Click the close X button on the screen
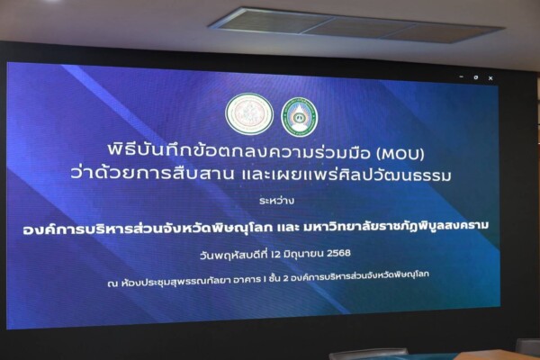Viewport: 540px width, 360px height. point(490,78)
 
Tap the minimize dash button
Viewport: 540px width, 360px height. point(462,76)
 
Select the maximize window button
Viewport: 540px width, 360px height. point(475,77)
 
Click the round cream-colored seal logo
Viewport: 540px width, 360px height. point(249,114)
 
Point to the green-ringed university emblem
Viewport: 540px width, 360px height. point(300,117)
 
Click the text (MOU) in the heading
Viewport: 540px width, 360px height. point(400,154)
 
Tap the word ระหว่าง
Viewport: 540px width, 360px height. point(276,200)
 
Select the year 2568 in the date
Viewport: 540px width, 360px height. point(338,253)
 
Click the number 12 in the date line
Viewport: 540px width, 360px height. point(275,255)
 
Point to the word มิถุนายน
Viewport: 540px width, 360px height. point(303,254)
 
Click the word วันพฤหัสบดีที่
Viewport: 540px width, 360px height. point(234,256)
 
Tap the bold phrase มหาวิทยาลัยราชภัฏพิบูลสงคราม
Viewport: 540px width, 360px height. point(396,226)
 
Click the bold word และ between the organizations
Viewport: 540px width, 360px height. point(288,228)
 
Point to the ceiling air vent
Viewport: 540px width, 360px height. point(356,25)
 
